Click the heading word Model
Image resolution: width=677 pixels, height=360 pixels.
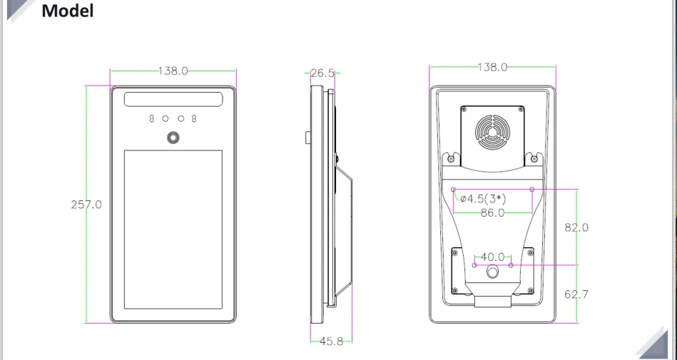(68, 11)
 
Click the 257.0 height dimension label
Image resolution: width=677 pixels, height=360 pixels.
(86, 205)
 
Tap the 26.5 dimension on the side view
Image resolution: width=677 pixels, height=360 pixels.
(322, 73)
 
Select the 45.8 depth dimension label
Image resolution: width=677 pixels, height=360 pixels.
(331, 341)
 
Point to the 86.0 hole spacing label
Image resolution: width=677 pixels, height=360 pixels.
(492, 212)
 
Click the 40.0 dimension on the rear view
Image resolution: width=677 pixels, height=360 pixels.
(492, 257)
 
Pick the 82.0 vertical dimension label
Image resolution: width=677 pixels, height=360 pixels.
(576, 227)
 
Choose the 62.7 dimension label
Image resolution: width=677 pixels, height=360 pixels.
(576, 294)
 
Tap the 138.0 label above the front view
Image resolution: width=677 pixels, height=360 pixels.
(173, 71)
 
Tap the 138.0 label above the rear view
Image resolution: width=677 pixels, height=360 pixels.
(492, 67)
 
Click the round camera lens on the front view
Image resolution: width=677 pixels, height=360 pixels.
(173, 138)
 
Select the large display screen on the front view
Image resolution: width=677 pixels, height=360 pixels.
(173, 229)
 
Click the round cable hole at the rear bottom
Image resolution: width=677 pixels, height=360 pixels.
(492, 272)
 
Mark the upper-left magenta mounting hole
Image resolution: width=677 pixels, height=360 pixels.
(454, 189)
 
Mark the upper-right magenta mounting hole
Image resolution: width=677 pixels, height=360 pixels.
(532, 189)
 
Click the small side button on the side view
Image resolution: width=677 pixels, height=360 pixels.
(307, 136)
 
